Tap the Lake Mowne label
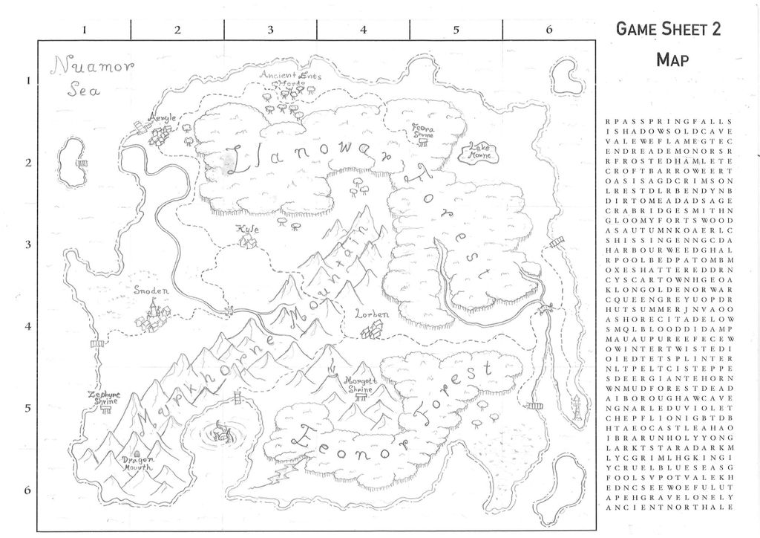click(x=478, y=152)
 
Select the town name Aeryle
click(x=163, y=118)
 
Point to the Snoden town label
click(x=151, y=291)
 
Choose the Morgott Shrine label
click(x=358, y=384)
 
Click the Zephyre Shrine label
click(x=103, y=398)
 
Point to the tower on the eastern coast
click(x=577, y=407)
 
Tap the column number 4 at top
click(x=363, y=30)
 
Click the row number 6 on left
click(x=28, y=490)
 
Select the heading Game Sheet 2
click(x=669, y=29)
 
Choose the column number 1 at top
click(x=85, y=30)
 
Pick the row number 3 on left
click(x=28, y=244)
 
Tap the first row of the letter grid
click(x=669, y=120)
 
